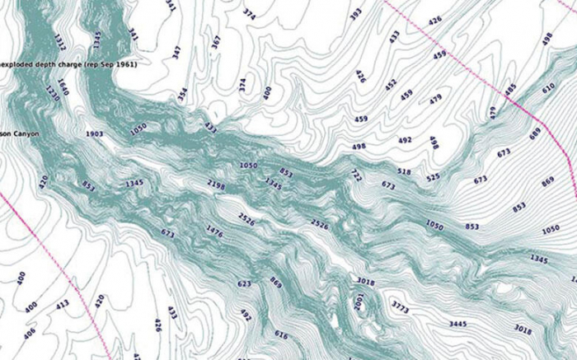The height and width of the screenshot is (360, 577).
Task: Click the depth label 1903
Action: click(x=94, y=133)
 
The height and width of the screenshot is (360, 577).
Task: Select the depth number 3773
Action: click(x=401, y=308)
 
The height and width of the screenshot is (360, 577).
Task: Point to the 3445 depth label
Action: click(x=459, y=324)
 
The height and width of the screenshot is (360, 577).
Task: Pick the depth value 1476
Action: click(x=214, y=231)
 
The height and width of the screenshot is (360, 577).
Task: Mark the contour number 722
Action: click(x=356, y=175)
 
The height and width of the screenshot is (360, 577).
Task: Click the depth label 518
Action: click(x=404, y=171)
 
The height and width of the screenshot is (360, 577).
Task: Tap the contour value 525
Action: click(x=433, y=177)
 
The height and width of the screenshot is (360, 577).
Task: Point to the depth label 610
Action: click(x=549, y=87)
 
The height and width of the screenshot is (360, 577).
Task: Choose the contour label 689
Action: click(x=535, y=132)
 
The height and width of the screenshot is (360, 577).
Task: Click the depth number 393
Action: click(x=356, y=14)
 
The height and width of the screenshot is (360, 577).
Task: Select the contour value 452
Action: click(x=390, y=82)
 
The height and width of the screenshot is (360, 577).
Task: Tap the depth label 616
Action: click(x=282, y=335)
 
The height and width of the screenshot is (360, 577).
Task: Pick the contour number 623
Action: click(x=244, y=284)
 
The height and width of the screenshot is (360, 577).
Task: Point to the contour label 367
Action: click(x=217, y=42)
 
